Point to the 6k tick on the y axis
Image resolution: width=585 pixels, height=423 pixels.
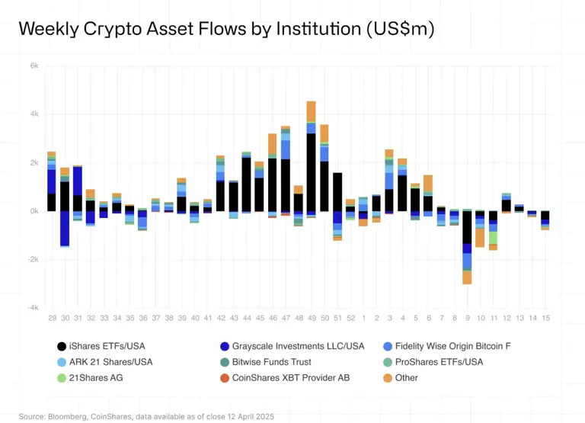click(x=34, y=66)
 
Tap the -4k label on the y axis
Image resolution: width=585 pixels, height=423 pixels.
click(x=34, y=308)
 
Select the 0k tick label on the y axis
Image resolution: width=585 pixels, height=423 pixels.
click(x=34, y=211)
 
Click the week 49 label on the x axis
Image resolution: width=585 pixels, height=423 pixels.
click(x=312, y=317)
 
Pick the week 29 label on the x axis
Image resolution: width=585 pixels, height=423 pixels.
click(x=52, y=317)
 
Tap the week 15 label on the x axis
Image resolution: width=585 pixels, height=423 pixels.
click(x=545, y=317)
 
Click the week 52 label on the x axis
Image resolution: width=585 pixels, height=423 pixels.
click(x=350, y=317)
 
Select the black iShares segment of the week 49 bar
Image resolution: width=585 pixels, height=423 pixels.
click(x=312, y=172)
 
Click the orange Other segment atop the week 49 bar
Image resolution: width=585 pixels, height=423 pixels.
click(x=312, y=111)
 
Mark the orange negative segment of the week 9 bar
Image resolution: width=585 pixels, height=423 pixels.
click(x=467, y=277)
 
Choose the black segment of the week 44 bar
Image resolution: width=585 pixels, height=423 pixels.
click(x=247, y=184)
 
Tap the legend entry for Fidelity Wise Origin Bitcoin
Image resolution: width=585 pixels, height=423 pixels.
click(x=457, y=345)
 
